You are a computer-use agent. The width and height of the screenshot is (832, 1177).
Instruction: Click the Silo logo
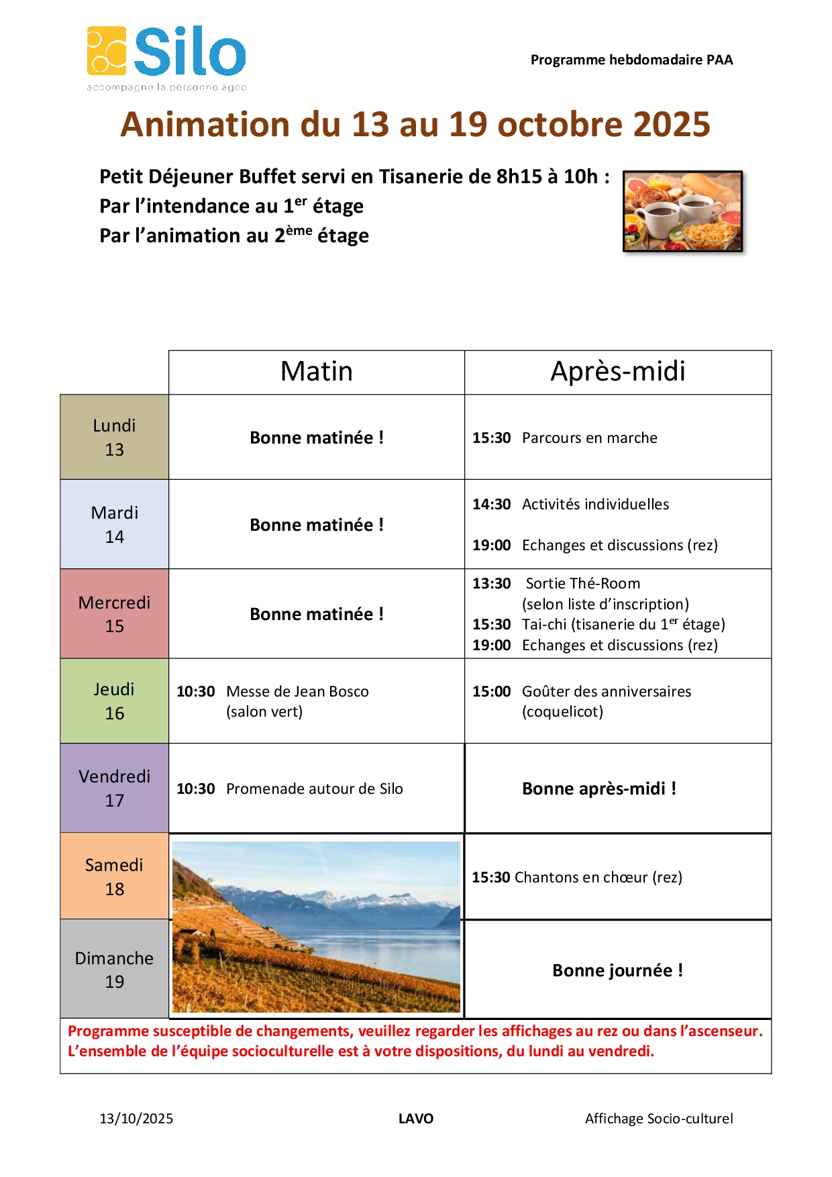pos(166,56)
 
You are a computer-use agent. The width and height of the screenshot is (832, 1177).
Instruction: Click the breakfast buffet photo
pos(682,211)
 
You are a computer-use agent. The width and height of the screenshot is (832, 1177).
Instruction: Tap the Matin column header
pos(316,372)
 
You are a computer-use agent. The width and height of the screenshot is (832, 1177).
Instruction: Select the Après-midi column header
pos(617,372)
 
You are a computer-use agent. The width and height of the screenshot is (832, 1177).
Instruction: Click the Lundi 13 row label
pos(114,437)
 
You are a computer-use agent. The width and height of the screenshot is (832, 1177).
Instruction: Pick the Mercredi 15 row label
pos(114,613)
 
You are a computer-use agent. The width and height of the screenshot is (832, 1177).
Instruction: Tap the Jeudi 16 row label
pos(114,701)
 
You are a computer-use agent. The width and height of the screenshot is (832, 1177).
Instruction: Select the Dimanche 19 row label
pos(114,969)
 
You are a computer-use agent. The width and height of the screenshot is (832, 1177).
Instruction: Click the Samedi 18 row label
pos(114,876)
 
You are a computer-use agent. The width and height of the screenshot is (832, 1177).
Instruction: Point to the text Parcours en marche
pos(589,438)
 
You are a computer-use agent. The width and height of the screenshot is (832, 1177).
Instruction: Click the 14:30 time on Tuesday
pos(491,504)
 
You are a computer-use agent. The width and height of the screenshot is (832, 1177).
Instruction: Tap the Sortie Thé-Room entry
pos(582,583)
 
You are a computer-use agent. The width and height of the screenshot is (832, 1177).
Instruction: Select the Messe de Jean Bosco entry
pos(297,691)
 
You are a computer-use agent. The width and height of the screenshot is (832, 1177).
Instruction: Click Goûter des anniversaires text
pos(606,691)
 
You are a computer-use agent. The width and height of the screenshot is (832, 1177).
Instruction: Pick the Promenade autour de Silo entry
pos(314,788)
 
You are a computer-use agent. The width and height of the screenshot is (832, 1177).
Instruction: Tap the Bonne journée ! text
pos(617,970)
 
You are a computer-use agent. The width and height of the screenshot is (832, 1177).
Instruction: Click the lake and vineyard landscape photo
pos(316,927)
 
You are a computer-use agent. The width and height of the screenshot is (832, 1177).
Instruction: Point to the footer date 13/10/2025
pos(136,1119)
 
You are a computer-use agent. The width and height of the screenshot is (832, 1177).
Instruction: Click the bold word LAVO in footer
pos(416,1119)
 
